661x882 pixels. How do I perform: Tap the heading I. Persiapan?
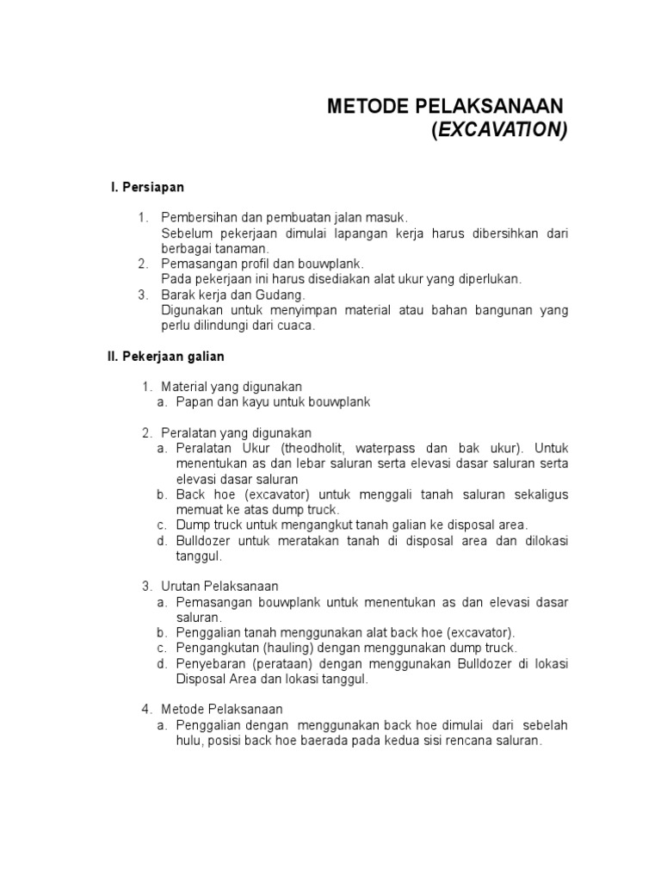click(147, 187)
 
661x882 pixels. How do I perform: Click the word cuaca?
click(298, 326)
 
